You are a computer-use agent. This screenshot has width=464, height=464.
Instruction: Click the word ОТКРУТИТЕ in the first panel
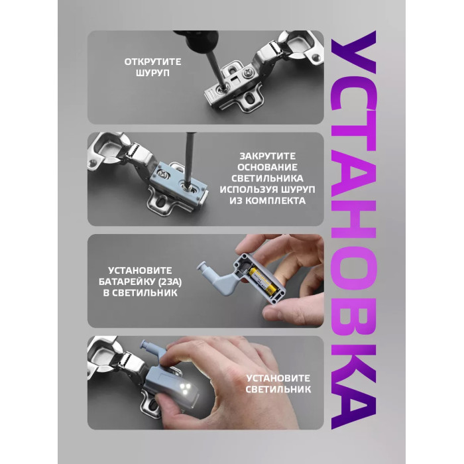[x=152, y=62]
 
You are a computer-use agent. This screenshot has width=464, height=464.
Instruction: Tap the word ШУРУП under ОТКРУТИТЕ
[x=152, y=73]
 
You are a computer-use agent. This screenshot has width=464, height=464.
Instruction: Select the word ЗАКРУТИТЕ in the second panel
[x=268, y=156]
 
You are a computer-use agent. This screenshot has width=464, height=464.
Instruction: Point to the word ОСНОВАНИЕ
[x=267, y=167]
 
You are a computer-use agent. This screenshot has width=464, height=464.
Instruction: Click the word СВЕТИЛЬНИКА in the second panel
[x=267, y=178]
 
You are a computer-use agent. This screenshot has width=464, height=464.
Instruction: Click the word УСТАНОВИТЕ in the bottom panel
[x=278, y=378]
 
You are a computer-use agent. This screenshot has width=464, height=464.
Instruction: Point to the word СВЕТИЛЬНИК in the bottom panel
[x=278, y=389]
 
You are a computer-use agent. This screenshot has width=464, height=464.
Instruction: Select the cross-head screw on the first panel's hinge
[x=247, y=72]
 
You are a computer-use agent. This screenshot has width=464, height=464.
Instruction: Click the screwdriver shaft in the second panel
[x=188, y=158]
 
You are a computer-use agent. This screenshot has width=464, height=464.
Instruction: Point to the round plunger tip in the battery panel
[x=202, y=266]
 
